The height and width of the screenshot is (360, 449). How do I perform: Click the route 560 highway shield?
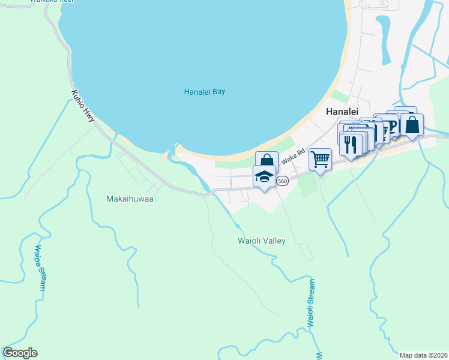click(x=283, y=181)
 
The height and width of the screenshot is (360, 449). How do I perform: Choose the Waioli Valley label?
click(x=261, y=241)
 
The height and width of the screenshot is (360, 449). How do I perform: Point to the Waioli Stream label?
click(x=311, y=302)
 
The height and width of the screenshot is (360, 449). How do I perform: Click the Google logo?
click(x=20, y=353)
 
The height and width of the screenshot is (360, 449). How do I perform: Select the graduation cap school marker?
click(x=264, y=177)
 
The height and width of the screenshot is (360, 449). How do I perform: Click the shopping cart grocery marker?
click(x=321, y=160)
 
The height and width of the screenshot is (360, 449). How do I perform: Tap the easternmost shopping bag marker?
click(x=412, y=125)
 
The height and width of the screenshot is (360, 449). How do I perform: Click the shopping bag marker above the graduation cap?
click(x=266, y=161)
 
